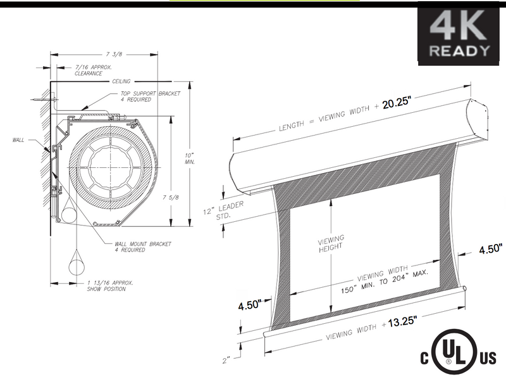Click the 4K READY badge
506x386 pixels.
click(x=458, y=34)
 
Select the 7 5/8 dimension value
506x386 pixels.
click(x=171, y=197)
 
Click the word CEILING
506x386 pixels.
click(x=121, y=81)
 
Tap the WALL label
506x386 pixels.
click(x=18, y=140)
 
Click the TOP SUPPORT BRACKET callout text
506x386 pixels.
click(x=151, y=96)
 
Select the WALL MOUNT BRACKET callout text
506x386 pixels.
click(x=143, y=247)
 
